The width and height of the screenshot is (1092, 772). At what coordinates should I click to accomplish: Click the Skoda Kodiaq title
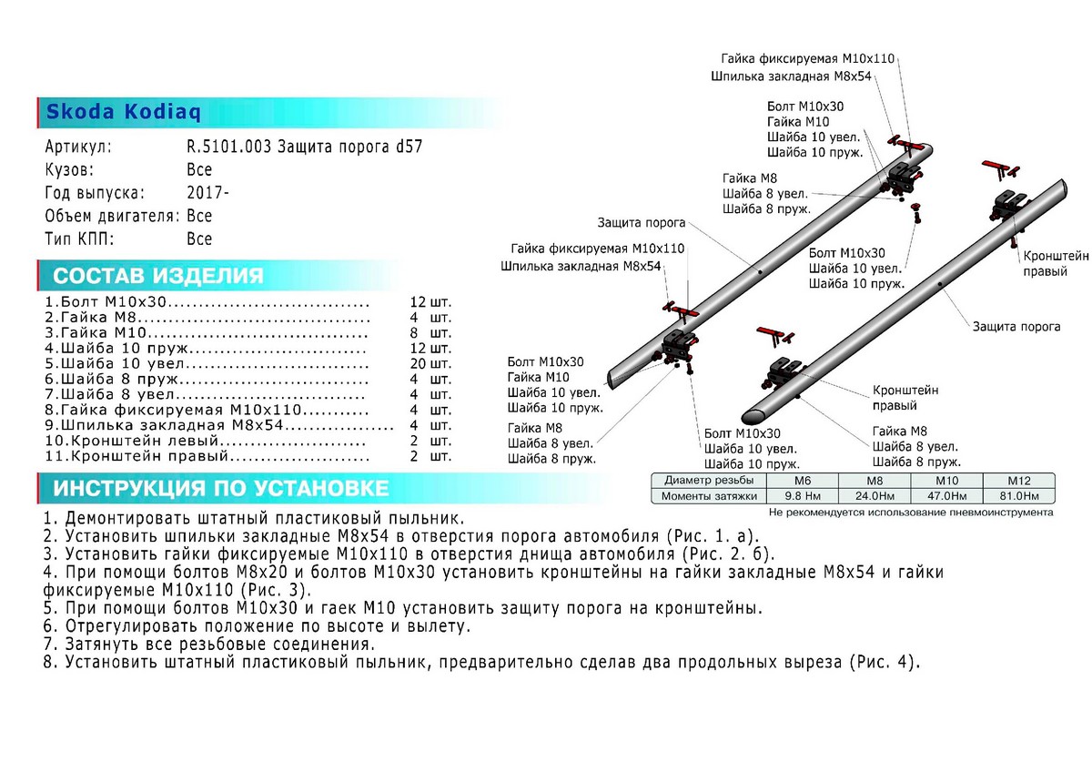click(124, 112)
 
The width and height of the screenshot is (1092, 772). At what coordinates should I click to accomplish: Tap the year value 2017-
click(208, 193)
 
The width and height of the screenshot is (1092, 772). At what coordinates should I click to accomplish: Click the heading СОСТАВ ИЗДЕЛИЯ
click(158, 276)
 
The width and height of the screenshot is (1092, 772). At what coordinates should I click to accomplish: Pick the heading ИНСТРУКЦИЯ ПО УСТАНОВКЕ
click(221, 488)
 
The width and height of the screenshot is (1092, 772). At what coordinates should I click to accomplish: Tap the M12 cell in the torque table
click(1017, 480)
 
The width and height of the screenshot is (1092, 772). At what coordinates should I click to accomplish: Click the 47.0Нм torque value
click(946, 496)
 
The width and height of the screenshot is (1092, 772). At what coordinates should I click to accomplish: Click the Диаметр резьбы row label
click(709, 480)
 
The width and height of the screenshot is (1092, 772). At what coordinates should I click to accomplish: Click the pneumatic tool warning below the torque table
click(910, 513)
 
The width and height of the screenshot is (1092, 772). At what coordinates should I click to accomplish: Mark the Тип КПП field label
click(79, 239)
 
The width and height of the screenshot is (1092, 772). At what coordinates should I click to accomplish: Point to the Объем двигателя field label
click(111, 216)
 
